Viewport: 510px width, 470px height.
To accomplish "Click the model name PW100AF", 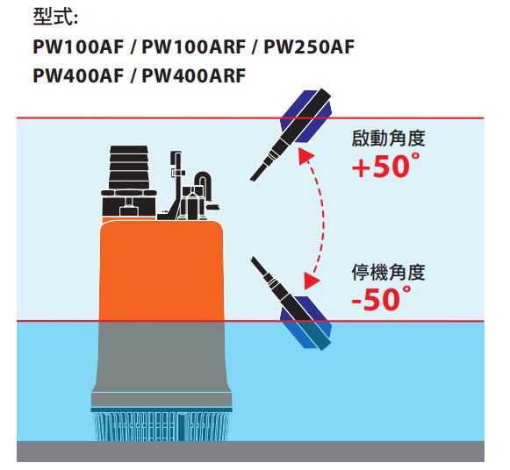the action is (78, 46).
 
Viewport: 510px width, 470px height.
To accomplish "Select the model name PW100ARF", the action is (193, 46).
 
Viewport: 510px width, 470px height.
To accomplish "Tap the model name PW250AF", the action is (309, 46).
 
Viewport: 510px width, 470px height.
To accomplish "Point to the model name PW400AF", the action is (78, 75).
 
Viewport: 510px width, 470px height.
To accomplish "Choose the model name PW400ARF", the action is (193, 75).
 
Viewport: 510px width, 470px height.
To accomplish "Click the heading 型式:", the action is (55, 17).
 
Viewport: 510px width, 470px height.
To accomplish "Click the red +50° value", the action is (385, 166).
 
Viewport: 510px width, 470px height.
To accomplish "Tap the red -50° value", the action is (382, 299).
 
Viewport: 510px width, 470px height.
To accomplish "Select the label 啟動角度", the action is (388, 139).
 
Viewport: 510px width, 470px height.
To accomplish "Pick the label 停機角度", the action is (388, 272).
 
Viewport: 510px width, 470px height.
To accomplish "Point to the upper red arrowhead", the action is (305, 156).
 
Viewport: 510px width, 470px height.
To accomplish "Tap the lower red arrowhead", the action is (311, 280).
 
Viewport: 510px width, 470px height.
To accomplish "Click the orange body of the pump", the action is (162, 269).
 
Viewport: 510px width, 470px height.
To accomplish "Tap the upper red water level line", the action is (250, 117).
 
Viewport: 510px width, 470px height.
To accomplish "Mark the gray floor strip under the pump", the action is (250, 452).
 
